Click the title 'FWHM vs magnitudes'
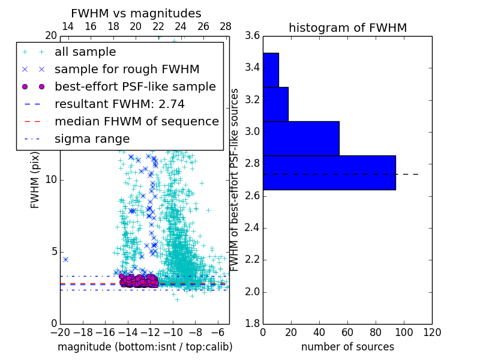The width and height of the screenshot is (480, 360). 136,13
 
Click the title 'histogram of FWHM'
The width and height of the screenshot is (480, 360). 347,28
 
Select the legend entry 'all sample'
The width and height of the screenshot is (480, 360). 85,52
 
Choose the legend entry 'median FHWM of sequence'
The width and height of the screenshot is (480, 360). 136,121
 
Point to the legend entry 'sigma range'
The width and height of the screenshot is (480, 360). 92,139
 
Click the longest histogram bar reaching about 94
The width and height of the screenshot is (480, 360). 329,173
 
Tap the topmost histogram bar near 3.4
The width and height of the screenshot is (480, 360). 271,70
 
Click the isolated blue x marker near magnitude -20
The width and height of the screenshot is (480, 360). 65,259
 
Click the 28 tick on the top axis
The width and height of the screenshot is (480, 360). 226,26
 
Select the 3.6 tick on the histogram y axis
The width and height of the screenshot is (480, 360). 252,36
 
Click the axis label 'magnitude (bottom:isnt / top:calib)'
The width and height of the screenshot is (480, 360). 145,347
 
